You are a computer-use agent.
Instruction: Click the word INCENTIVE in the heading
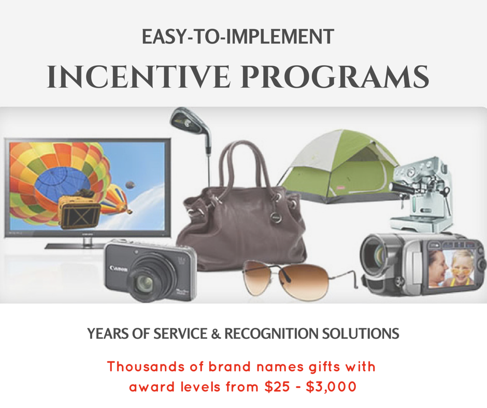138,77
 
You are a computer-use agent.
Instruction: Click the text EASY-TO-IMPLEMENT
238,36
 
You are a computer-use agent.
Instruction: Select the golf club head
190,122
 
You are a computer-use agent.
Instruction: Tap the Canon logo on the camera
118,268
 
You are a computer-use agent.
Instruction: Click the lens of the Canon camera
144,283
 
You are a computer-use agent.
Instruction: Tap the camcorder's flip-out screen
452,268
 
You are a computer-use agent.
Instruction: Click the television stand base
75,245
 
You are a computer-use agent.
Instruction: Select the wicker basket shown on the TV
79,212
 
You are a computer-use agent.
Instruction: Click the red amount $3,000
331,387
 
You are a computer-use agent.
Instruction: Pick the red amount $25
277,387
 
